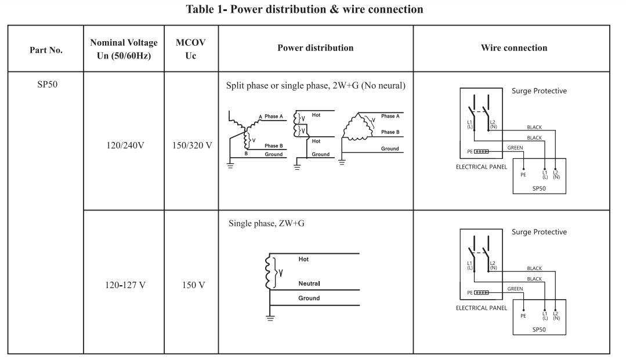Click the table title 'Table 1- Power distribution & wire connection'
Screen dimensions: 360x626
(x=313, y=9)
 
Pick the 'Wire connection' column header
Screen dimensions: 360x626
(x=511, y=48)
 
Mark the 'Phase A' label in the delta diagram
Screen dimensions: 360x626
(x=390, y=117)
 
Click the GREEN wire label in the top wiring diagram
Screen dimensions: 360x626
(x=516, y=148)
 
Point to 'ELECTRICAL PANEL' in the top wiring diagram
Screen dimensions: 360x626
(x=482, y=166)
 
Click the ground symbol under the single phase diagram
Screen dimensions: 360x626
(x=269, y=317)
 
